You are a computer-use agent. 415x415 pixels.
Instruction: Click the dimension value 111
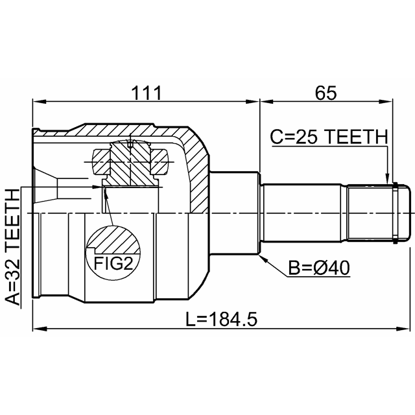[147, 93]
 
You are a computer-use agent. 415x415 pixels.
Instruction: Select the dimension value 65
[326, 93]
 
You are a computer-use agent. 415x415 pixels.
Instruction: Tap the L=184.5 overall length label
[221, 319]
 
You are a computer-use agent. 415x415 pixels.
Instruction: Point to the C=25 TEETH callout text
[329, 137]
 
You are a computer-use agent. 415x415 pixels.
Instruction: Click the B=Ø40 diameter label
[318, 268]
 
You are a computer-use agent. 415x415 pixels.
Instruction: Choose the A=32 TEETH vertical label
[12, 247]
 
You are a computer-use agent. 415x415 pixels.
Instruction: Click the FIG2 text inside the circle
[113, 264]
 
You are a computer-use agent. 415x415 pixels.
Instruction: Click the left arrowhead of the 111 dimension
[39, 102]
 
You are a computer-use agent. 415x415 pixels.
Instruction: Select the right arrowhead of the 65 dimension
[386, 102]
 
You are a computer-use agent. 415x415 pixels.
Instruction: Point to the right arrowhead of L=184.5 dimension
[402, 329]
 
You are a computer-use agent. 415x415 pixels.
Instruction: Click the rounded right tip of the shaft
[409, 213]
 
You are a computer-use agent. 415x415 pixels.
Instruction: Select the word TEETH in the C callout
[356, 137]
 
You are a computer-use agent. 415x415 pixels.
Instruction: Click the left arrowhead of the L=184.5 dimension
[39, 329]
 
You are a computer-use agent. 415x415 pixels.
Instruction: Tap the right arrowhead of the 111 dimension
[252, 102]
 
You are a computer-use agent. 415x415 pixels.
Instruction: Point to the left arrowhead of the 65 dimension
[267, 102]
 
